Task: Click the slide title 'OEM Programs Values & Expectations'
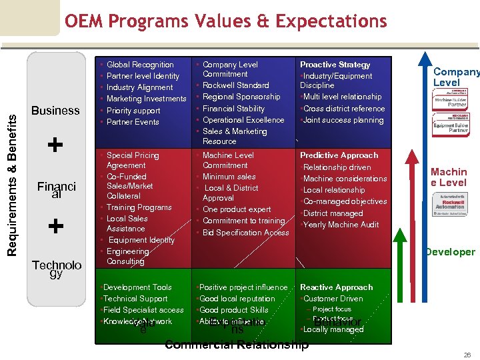click(x=225, y=21)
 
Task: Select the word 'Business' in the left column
click(x=55, y=111)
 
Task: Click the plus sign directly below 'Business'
click(x=55, y=145)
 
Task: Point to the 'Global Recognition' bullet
click(x=140, y=65)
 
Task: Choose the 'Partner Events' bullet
click(x=133, y=122)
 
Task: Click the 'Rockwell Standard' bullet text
click(x=235, y=85)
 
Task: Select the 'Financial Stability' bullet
click(x=233, y=109)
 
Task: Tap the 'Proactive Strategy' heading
click(x=335, y=65)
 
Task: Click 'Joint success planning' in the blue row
click(x=343, y=121)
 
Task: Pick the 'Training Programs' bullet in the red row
click(x=139, y=207)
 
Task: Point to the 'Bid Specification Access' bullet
click(x=245, y=233)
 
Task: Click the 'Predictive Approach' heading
click(x=339, y=155)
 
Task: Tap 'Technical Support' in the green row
click(x=135, y=299)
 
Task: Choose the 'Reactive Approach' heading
click(x=336, y=287)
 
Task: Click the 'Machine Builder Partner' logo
click(x=451, y=101)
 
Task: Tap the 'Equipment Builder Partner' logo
click(x=451, y=126)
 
